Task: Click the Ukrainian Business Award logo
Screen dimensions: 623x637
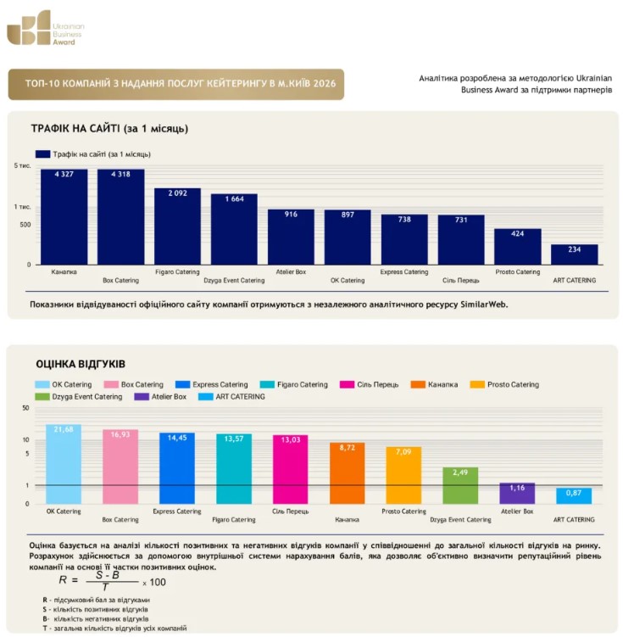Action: tap(46, 28)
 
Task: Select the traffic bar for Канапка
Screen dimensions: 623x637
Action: tap(64, 217)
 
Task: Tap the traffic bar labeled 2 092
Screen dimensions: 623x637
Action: tap(177, 226)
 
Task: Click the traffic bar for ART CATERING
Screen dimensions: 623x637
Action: tap(575, 254)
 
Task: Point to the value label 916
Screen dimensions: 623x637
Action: tap(291, 214)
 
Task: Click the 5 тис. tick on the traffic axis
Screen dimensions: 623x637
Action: tap(23, 165)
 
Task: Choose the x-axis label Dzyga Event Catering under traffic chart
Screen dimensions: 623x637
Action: tap(234, 280)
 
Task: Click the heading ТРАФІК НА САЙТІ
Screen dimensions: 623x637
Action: tap(75, 129)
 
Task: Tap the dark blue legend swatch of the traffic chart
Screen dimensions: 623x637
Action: tap(42, 154)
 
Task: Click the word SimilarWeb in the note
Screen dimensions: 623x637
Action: tap(484, 305)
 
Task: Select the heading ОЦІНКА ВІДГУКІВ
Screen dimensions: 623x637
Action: tap(81, 364)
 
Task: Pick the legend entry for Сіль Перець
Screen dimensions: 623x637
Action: tap(370, 384)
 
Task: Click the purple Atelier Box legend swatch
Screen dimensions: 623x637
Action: tap(142, 396)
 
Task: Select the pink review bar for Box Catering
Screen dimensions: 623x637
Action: tap(120, 467)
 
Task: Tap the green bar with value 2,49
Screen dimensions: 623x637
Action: tap(460, 485)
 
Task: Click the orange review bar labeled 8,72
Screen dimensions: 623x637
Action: tap(347, 473)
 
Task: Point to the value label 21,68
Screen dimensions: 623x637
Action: tap(64, 429)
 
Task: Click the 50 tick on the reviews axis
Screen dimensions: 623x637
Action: tap(26, 408)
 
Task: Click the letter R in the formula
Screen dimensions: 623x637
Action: tap(63, 579)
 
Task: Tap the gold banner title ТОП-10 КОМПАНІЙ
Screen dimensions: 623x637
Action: tap(181, 84)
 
